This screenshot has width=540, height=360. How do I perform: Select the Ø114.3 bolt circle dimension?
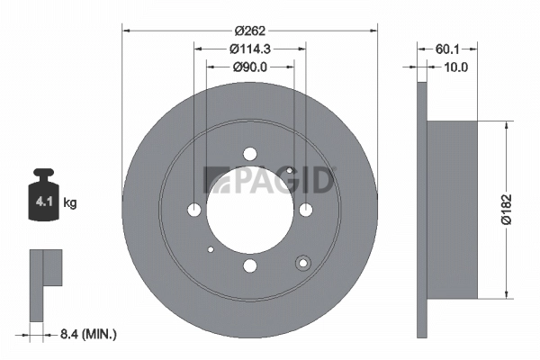click(249, 49)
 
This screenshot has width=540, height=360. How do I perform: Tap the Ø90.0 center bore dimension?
click(249, 67)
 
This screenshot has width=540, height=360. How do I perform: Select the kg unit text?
click(69, 203)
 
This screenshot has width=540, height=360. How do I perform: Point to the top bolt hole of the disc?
click(250, 153)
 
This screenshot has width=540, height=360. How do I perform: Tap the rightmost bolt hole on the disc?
click(306, 210)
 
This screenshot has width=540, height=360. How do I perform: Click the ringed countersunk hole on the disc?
click(302, 263)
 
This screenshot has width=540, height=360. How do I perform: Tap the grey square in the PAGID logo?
click(212, 180)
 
